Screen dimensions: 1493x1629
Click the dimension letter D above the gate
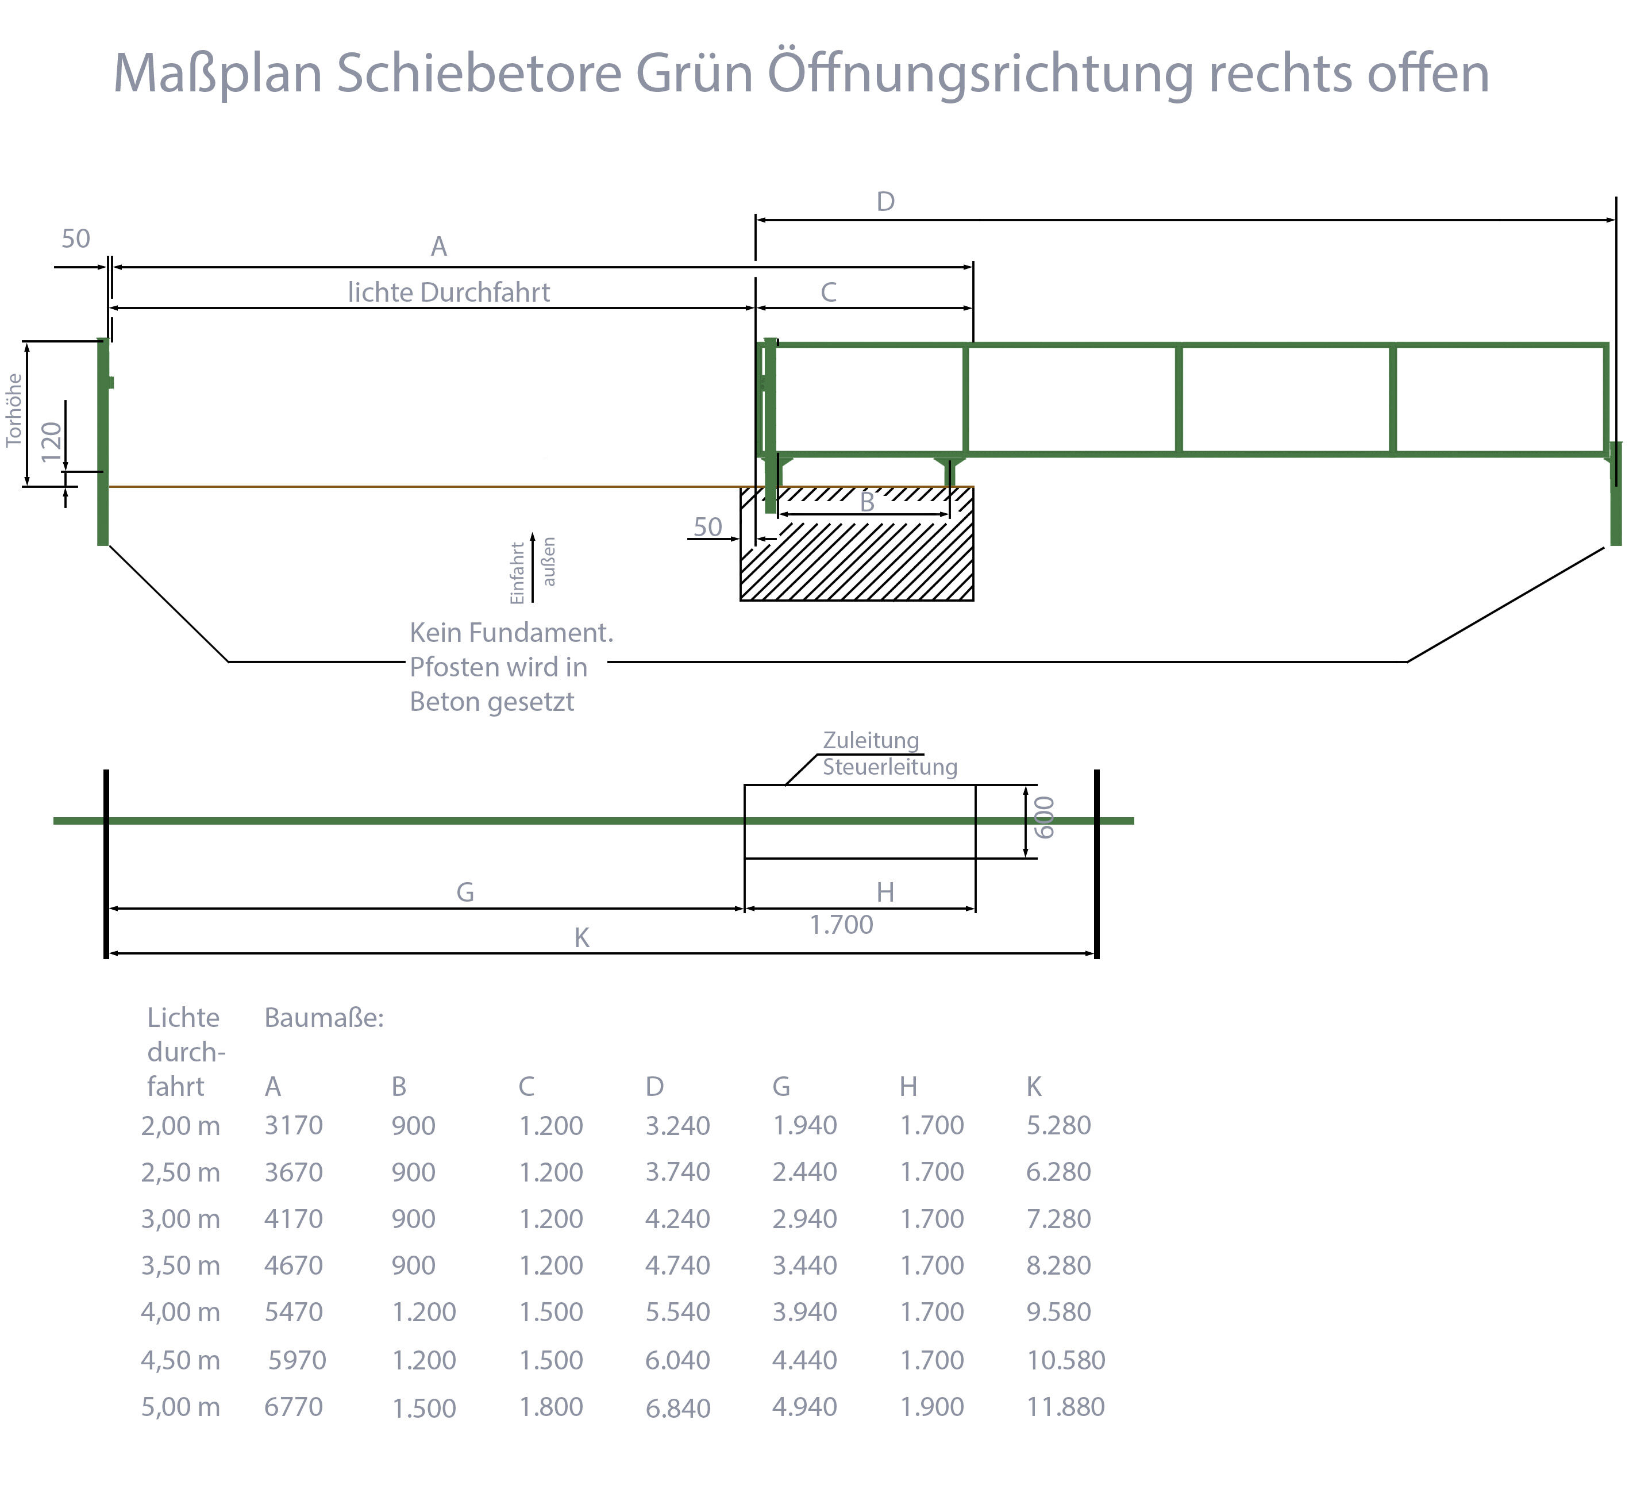pos(885,202)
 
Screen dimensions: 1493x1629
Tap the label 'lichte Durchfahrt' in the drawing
pos(448,293)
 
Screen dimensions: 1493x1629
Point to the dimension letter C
pos(828,293)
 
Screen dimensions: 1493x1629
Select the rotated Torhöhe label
pos(14,410)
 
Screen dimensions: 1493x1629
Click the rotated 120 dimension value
pos(51,441)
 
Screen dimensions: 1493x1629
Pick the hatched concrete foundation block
pos(857,558)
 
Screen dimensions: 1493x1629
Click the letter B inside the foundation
pos(867,503)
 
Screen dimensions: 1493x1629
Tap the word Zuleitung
pos(871,740)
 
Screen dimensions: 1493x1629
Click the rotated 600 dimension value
pos(1045,817)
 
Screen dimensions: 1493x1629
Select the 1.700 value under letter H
pos(841,925)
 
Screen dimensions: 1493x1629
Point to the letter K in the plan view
pos(581,938)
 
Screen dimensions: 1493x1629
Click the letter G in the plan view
pos(465,892)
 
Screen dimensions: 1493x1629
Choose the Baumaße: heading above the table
pos(324,1018)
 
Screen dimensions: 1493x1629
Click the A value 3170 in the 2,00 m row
pos(293,1125)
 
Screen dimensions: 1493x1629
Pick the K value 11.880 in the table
pos(1065,1406)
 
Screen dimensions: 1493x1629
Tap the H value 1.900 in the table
pos(931,1406)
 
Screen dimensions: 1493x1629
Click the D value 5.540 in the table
pos(677,1312)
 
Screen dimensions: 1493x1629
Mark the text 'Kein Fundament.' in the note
pos(511,633)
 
